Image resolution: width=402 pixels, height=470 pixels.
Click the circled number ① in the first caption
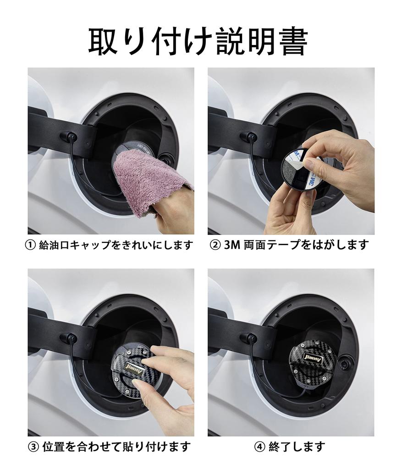(x=31, y=245)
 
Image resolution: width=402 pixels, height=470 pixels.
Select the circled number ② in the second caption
(x=215, y=245)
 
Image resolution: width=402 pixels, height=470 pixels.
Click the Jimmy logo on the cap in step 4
(x=313, y=359)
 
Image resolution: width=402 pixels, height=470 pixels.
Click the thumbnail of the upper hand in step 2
(x=311, y=164)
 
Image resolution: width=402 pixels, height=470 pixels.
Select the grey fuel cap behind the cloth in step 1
(x=132, y=147)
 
